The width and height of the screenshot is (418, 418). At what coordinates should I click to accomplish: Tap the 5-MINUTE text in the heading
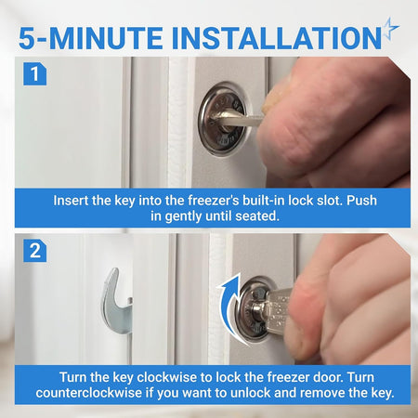(91, 38)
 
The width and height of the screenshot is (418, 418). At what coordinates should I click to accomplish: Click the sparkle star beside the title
(390, 29)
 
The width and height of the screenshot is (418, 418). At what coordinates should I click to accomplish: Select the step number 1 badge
(35, 74)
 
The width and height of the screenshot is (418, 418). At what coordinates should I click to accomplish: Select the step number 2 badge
(35, 251)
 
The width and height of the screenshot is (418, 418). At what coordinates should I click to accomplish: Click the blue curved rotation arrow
(229, 307)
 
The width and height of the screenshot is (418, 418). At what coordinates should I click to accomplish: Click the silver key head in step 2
(277, 308)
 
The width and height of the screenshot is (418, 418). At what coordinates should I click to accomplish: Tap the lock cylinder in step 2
(254, 309)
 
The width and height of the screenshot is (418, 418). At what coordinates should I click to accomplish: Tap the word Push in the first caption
(361, 201)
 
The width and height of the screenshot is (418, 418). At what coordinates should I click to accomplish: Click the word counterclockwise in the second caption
(89, 393)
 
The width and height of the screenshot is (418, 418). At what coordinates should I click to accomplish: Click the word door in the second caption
(328, 377)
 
